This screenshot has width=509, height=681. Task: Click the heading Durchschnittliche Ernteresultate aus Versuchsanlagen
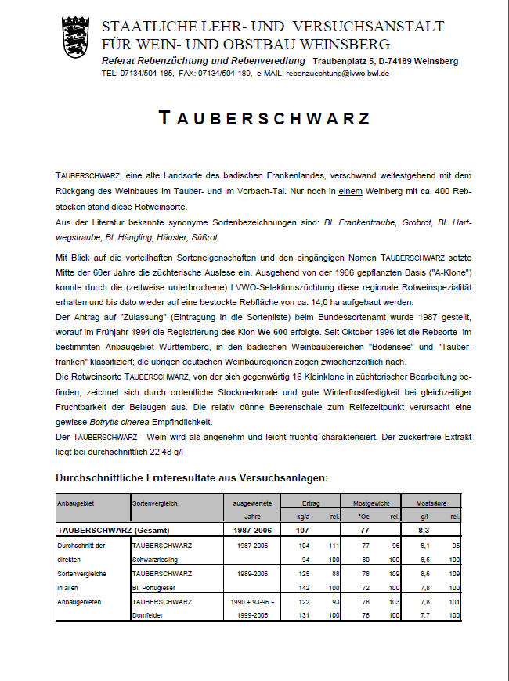[193, 477]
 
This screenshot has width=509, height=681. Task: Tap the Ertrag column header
[310, 503]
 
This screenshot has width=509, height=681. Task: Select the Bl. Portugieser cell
[157, 587]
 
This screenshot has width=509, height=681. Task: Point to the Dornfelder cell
[150, 615]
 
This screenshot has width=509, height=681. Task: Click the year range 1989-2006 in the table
[251, 573]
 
